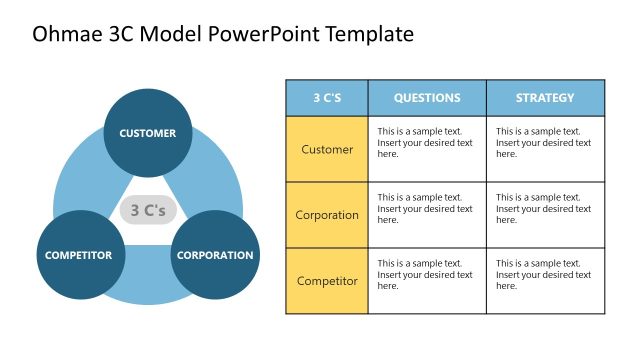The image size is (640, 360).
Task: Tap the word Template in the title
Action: click(x=364, y=35)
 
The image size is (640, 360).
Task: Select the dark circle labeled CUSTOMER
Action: click(x=147, y=133)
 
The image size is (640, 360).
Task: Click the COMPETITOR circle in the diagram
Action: click(x=78, y=255)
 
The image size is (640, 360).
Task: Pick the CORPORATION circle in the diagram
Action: click(x=215, y=255)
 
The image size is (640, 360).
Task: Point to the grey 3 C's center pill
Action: click(x=148, y=211)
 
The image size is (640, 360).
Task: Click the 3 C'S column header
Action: click(x=327, y=98)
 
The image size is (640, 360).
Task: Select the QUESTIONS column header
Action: click(x=427, y=98)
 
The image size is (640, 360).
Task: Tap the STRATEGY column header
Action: click(x=545, y=98)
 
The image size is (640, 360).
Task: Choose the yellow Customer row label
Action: click(x=327, y=149)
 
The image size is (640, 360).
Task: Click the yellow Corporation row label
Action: click(x=327, y=215)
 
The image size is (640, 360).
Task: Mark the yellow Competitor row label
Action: click(x=327, y=281)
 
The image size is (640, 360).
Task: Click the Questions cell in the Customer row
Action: click(x=427, y=149)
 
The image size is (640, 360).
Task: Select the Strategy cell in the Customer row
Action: click(x=545, y=149)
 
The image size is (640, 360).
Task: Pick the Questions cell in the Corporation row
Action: click(x=427, y=215)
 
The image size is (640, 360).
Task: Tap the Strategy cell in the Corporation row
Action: click(x=545, y=215)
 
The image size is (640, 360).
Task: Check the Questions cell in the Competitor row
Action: click(x=427, y=281)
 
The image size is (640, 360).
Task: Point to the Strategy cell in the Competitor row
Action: click(x=545, y=281)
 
